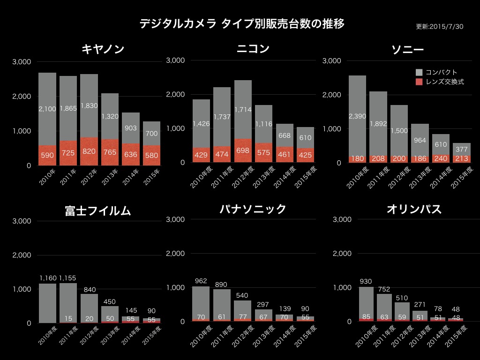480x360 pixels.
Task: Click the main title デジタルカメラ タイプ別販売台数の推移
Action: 242,24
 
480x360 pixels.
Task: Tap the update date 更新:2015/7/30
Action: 439,27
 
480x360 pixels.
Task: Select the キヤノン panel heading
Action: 103,49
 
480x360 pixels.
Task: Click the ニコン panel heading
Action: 253,48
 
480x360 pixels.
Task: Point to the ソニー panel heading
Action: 407,50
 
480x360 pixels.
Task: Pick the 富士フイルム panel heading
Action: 97,211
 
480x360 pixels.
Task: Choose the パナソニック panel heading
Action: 253,209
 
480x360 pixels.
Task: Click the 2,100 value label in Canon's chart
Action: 47,109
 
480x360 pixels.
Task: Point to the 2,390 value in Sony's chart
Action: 358,116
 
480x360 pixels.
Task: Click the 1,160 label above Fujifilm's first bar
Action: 48,278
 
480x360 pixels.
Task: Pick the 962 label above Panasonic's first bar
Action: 201,281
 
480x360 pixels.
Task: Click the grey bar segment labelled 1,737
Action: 222,117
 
